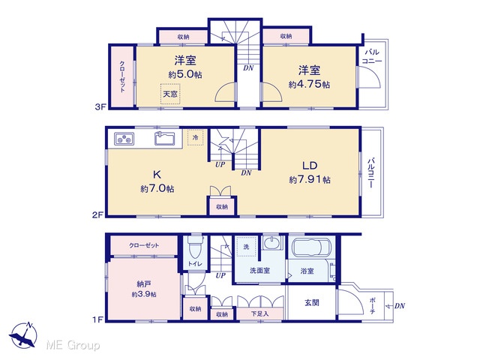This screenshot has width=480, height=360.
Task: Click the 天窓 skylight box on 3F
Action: point(170,93)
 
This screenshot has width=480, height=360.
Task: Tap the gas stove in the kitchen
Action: point(124,139)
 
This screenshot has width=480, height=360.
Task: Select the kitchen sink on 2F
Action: point(165,138)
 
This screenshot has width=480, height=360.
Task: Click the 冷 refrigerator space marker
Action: point(195,137)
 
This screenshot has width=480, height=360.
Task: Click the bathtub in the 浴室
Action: point(311,246)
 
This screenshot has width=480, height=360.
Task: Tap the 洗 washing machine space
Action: point(246,247)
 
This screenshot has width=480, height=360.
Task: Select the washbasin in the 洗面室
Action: point(271,243)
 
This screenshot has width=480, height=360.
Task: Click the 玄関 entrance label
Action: point(312,302)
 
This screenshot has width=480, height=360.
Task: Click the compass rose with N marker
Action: point(23,335)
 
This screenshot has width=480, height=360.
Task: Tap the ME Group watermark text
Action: point(73,345)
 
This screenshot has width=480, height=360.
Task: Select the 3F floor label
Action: point(100,106)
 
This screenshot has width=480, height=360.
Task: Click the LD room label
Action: point(310,166)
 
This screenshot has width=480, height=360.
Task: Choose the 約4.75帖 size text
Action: point(309,85)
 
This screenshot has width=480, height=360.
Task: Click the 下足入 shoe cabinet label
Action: point(260,313)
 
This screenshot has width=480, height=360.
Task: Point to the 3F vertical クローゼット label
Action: point(122,76)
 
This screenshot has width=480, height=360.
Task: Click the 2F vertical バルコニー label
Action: point(371,173)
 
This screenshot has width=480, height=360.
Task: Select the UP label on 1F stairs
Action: point(220,275)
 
